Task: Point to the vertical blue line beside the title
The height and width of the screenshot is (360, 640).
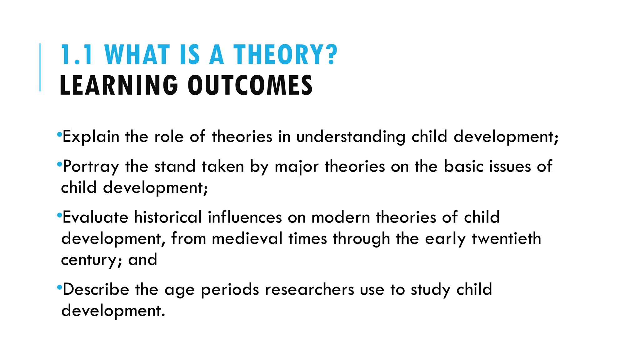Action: click(40, 67)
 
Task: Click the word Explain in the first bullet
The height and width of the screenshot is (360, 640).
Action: click(91, 137)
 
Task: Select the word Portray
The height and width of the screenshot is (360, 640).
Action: click(91, 167)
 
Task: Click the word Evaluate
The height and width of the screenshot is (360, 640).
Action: click(95, 217)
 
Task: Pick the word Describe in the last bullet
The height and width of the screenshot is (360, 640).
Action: click(96, 289)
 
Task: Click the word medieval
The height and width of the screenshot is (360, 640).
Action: click(247, 238)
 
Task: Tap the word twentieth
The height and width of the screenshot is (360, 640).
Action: click(506, 238)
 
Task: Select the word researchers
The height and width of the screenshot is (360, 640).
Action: click(309, 289)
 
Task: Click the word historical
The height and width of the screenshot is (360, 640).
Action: click(168, 217)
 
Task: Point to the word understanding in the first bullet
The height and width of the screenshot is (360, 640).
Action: click(351, 137)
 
